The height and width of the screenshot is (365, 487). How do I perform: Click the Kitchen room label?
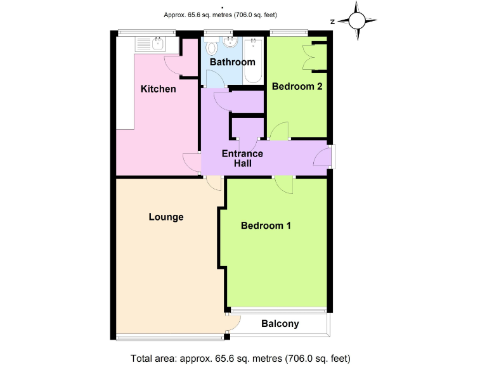point(158,89)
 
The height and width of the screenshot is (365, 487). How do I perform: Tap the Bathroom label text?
point(233,62)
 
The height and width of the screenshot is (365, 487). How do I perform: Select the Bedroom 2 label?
point(297,87)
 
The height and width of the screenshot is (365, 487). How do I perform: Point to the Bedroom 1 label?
point(266,226)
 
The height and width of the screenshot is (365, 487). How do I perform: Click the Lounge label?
point(166,217)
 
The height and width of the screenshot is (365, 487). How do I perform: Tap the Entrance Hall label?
point(242,158)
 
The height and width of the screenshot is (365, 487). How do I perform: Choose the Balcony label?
point(280,324)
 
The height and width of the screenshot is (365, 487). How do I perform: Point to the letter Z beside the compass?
point(332,22)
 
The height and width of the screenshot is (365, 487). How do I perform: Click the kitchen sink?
point(150,44)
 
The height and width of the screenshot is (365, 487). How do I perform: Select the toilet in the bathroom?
point(212,48)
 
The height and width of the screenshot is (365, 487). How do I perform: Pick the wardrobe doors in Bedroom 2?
point(311,57)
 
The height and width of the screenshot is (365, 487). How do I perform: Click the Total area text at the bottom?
point(240,358)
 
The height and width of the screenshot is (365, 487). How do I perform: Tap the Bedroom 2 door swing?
point(279,131)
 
